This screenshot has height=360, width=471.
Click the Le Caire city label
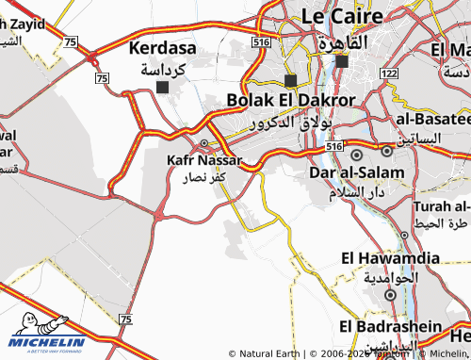click(343, 16)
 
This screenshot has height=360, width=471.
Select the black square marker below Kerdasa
click(163, 88)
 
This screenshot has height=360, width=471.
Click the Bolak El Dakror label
click(291, 100)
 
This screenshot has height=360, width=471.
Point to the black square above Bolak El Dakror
click(290, 80)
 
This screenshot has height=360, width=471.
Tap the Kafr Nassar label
click(204, 160)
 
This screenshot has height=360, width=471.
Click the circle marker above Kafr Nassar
click(204, 143)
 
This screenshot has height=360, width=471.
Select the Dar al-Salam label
click(357, 173)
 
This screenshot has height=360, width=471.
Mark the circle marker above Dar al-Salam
click(356, 153)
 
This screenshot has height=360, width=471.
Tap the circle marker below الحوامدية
click(390, 295)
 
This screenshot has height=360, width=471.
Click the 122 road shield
click(391, 73)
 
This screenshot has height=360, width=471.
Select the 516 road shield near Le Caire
click(261, 42)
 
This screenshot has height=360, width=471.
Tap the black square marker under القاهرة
click(341, 61)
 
